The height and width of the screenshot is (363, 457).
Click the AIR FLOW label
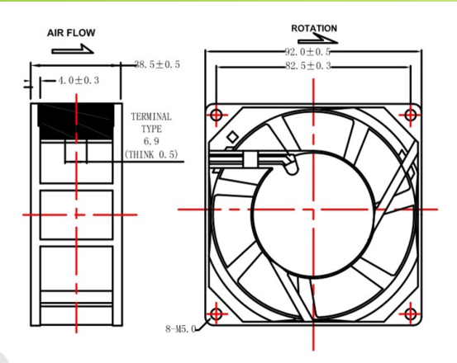click(71, 32)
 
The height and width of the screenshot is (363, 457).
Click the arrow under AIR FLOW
click(73, 49)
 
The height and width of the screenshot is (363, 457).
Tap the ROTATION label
click(314, 28)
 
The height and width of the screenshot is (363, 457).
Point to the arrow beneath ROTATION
click(317, 39)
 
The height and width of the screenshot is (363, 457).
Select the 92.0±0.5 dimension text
click(307, 52)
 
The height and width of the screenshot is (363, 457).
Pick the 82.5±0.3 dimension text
click(308, 66)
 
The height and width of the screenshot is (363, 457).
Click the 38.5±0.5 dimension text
click(157, 64)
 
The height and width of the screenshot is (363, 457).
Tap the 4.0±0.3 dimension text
click(79, 80)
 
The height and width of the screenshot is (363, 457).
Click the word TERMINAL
click(151, 116)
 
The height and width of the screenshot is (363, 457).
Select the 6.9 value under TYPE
click(151, 141)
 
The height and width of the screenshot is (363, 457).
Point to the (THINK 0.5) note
click(151, 154)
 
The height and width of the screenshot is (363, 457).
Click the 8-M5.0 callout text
click(181, 329)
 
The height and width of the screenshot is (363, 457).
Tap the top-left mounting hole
click(217, 115)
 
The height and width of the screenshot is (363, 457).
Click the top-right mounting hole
click(411, 115)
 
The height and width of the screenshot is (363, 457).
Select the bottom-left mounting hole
click(217, 314)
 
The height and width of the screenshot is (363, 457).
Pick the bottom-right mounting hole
click(411, 314)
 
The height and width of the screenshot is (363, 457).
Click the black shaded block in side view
click(76, 121)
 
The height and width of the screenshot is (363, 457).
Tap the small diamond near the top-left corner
click(232, 137)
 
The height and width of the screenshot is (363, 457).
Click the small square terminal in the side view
click(76, 151)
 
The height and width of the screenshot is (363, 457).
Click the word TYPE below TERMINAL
click(151, 129)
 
